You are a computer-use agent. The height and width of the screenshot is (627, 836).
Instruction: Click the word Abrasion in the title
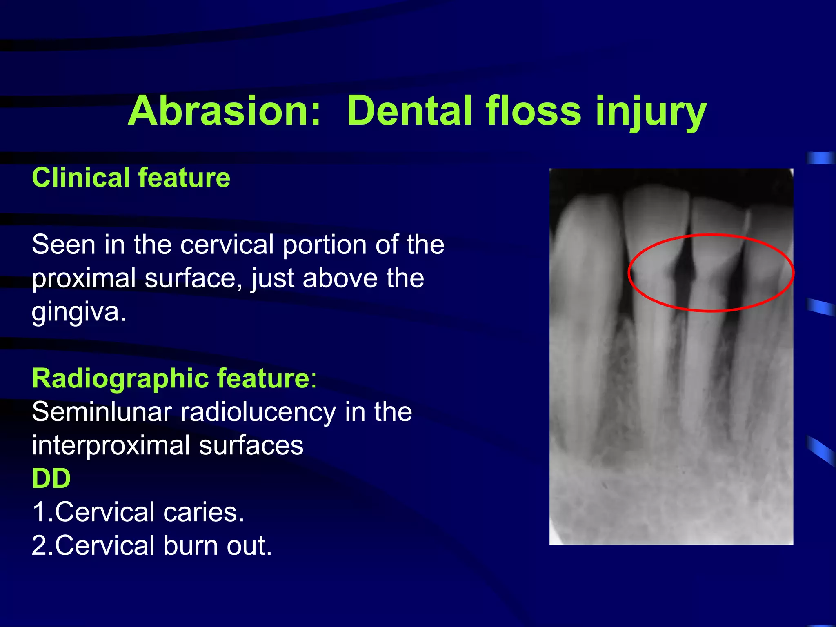click(x=224, y=111)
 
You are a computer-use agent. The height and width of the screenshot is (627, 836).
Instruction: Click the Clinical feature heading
click(x=131, y=178)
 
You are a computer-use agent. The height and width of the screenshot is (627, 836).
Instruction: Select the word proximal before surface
click(x=84, y=279)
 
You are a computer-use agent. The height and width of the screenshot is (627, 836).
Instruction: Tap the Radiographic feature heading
click(x=171, y=378)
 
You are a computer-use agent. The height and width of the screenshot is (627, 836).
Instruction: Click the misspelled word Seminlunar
click(x=102, y=412)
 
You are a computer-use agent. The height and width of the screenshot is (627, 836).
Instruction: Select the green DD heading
click(x=51, y=478)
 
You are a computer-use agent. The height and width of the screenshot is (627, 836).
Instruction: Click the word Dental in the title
click(x=408, y=111)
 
